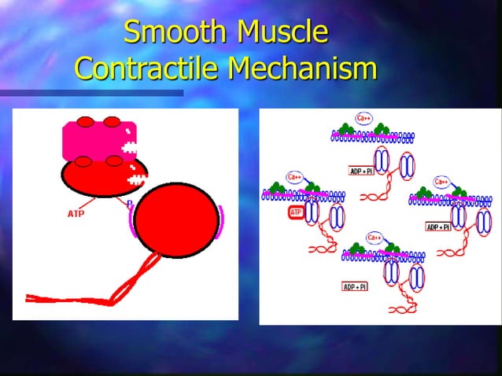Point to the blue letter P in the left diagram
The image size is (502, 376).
coord(130,204)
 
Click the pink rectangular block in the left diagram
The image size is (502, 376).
coord(98,141)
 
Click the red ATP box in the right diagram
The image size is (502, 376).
coord(296,212)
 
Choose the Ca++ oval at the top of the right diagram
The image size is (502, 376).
coord(364,119)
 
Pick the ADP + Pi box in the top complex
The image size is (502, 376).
coord(361,171)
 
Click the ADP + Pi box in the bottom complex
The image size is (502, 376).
coord(355,286)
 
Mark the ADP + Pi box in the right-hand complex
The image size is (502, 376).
coord(437,227)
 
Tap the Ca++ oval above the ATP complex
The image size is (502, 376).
coord(295,177)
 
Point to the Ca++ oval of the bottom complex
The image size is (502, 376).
coord(375,236)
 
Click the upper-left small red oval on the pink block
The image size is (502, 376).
coord(85,122)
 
